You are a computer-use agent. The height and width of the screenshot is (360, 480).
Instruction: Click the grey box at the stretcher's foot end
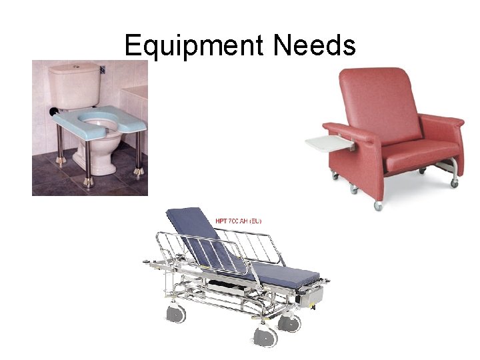coord(311,297)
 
